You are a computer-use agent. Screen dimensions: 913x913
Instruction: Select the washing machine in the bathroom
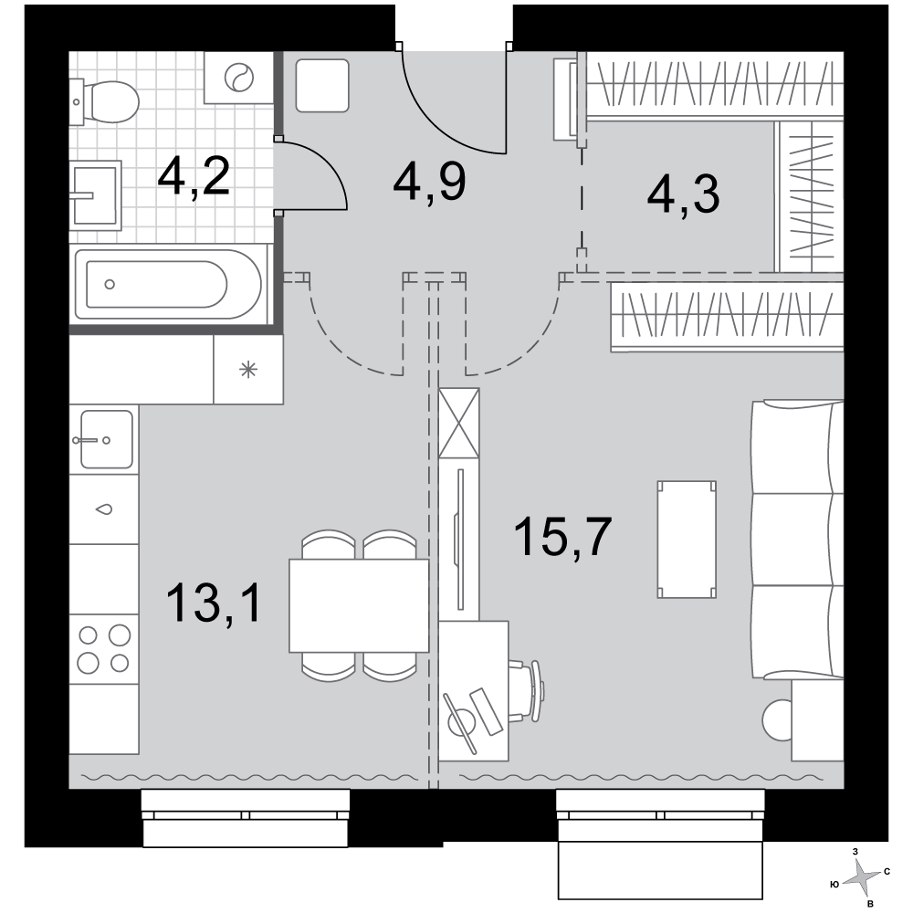238,78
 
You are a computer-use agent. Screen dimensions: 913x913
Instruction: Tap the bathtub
168,284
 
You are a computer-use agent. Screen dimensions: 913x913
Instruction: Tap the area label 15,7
563,536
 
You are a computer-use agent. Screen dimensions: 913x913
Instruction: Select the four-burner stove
104,648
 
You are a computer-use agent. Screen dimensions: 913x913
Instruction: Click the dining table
359,605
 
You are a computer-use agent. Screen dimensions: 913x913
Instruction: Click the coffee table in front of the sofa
687,540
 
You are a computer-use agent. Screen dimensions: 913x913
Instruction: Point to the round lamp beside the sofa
777,719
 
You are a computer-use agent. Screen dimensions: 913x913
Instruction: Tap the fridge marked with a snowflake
248,369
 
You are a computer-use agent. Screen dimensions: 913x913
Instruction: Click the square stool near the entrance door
322,85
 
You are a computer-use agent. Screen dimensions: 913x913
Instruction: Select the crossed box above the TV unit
459,423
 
